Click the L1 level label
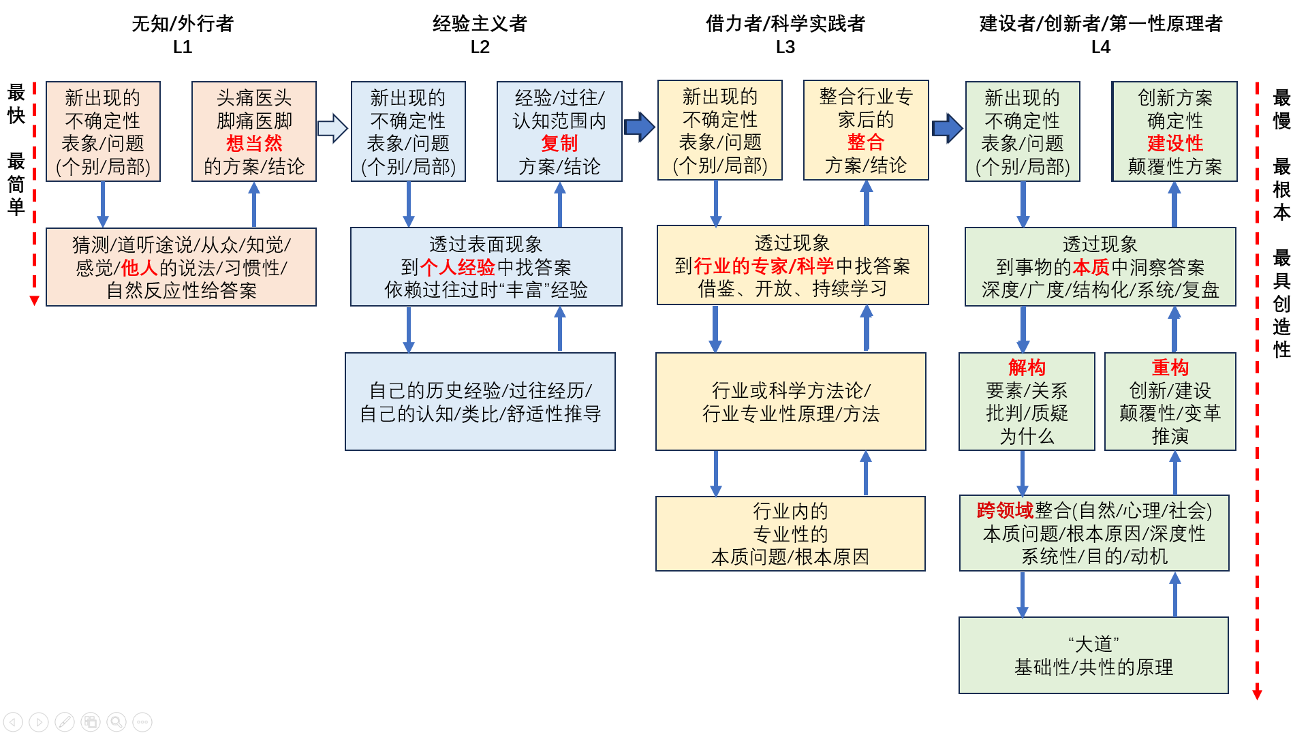tap(183, 47)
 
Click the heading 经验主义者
tap(480, 24)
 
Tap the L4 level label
tap(1100, 47)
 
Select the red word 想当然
tap(254, 143)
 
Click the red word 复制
tap(559, 143)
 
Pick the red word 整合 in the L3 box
tap(865, 142)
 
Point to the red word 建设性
tap(1175, 143)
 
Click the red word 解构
tap(1027, 368)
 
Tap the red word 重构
tap(1170, 368)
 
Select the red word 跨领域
tap(1005, 510)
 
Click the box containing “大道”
tap(1093, 655)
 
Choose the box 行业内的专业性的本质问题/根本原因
tap(790, 533)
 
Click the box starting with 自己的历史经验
tap(480, 401)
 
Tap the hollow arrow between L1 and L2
tap(332, 128)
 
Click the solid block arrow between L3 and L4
tap(947, 128)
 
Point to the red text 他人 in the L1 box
tap(139, 268)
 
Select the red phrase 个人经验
tap(457, 267)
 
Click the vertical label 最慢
tap(1281, 109)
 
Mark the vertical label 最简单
tap(16, 184)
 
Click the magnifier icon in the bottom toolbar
tap(116, 721)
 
